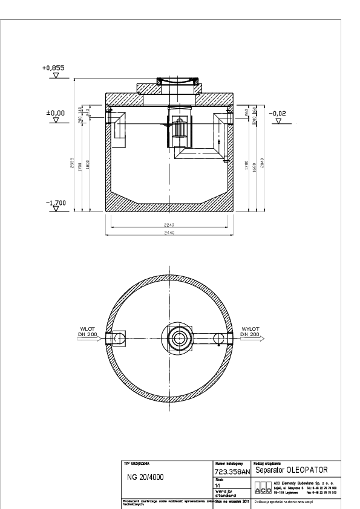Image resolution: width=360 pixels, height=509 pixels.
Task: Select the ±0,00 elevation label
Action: click(56, 112)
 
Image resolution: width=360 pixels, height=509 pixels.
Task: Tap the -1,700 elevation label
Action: click(56, 203)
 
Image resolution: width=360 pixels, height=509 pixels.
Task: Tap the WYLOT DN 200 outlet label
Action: click(250, 332)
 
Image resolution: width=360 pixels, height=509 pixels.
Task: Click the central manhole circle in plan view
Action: click(177, 337)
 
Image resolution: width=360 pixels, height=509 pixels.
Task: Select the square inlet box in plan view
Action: click(119, 337)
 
